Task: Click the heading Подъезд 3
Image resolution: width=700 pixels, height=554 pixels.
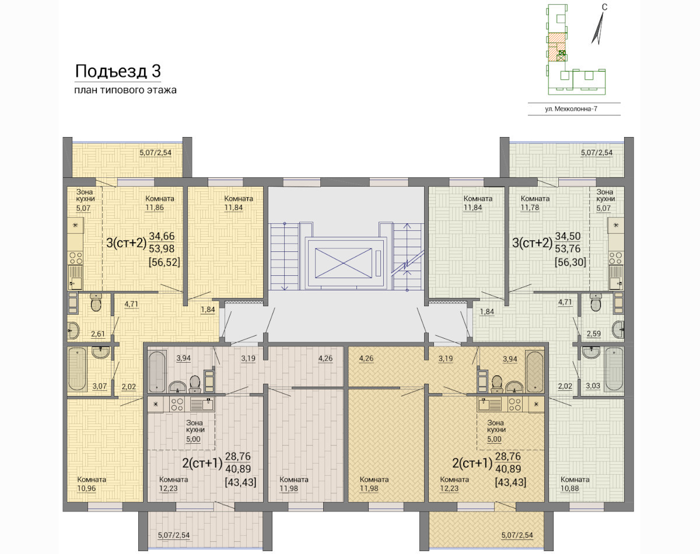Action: tap(118, 72)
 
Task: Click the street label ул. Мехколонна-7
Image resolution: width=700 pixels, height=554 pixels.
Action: tap(571, 109)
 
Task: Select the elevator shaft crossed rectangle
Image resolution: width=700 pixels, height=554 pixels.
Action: tap(344, 263)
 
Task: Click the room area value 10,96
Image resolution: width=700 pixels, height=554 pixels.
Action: tap(86, 488)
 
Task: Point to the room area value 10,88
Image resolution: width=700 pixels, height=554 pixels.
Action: tap(570, 488)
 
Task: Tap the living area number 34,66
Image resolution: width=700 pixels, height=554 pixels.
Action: tap(162, 236)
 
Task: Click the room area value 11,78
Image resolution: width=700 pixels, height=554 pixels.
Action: tap(530, 208)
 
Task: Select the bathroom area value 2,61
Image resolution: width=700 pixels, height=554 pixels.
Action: tap(98, 334)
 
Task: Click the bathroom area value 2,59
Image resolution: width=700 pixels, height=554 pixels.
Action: tap(594, 334)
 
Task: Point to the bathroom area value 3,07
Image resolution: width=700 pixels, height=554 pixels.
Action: tap(100, 386)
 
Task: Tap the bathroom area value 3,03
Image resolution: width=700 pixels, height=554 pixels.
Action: tap(593, 386)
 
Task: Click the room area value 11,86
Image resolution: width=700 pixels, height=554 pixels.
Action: tap(155, 208)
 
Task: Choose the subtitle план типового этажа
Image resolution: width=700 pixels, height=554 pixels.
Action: tap(125, 90)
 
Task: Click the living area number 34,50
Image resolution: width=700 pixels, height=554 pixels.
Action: tap(568, 236)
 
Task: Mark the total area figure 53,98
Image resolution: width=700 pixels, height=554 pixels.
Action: tap(162, 249)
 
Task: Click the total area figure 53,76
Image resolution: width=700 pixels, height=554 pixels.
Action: tap(568, 249)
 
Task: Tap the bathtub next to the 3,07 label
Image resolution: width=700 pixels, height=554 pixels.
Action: tap(77, 369)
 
